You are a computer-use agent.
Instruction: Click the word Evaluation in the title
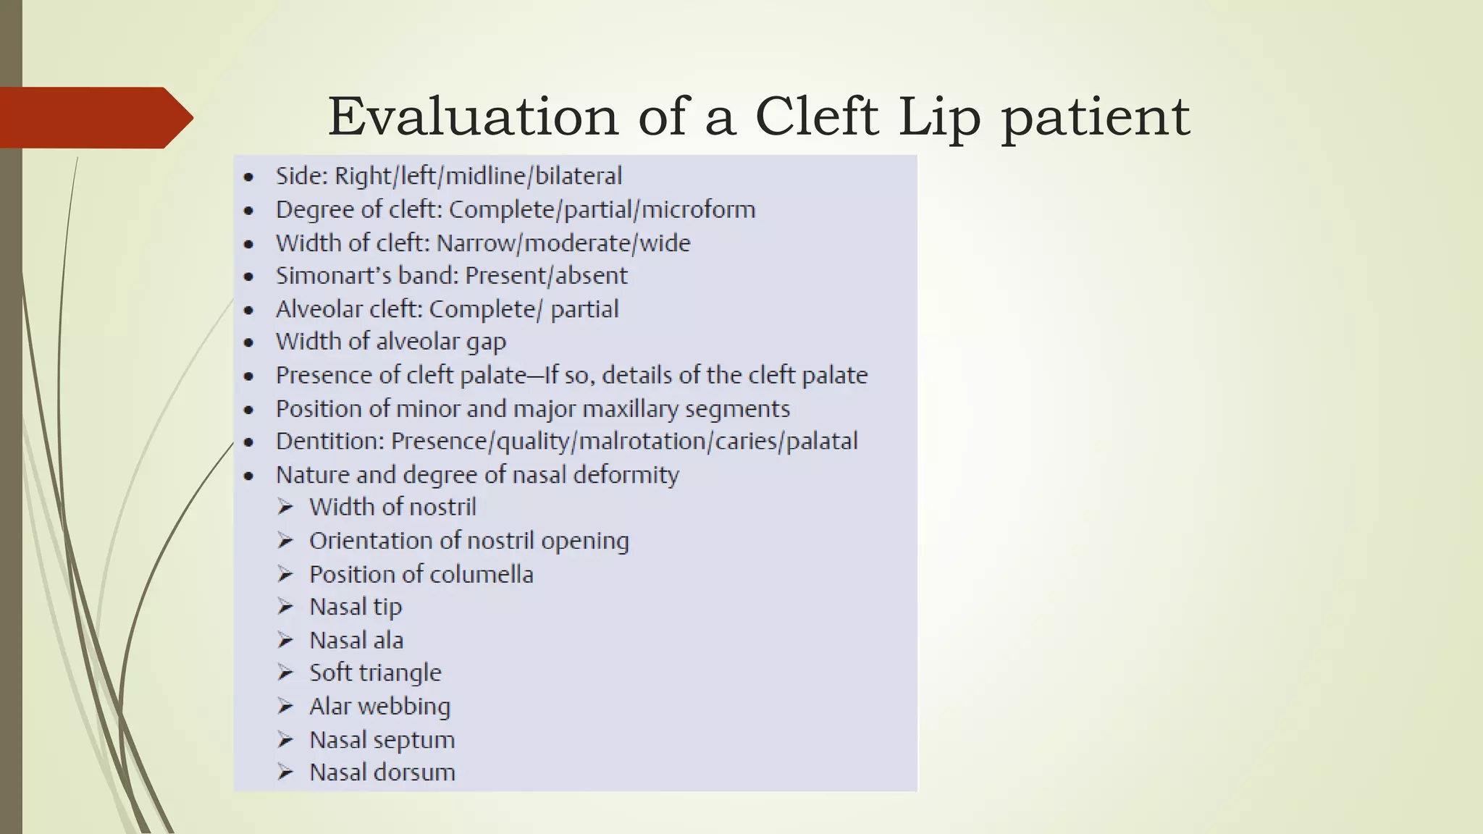tap(473, 117)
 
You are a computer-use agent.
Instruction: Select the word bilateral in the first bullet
tap(579, 176)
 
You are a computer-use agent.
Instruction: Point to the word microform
tap(698, 210)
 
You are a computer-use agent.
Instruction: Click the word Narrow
tap(477, 243)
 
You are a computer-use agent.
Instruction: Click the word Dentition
tap(329, 442)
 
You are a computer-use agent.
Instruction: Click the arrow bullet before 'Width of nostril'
tap(285, 507)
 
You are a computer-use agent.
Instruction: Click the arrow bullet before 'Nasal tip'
tap(285, 607)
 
